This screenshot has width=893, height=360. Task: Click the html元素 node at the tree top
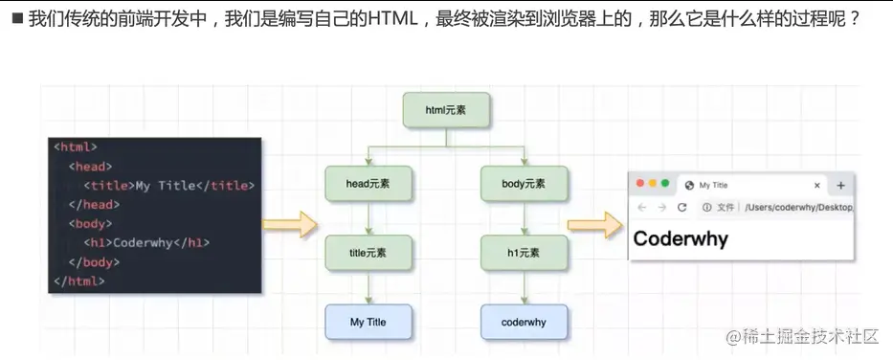(x=446, y=111)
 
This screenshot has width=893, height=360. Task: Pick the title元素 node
(x=368, y=253)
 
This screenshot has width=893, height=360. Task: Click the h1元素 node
(x=524, y=253)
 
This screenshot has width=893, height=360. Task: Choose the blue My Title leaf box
(x=368, y=323)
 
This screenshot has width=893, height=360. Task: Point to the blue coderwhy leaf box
(x=524, y=323)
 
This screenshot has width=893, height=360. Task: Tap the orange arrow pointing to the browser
(x=594, y=226)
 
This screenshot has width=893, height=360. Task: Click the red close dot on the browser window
(x=638, y=184)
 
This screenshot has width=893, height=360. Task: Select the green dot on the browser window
(x=665, y=184)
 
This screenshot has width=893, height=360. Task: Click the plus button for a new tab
(x=841, y=186)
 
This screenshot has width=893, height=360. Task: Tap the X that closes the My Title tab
(x=816, y=186)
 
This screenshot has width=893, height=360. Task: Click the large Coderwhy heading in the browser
(x=681, y=238)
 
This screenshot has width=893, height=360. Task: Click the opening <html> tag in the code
(x=76, y=147)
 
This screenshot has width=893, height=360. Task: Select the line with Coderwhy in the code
(x=152, y=242)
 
